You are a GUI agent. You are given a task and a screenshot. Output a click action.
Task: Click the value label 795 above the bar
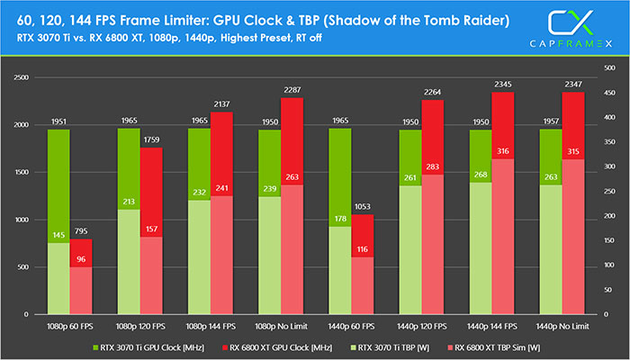pos(82,231)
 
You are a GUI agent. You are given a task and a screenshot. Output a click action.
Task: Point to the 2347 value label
pos(573,85)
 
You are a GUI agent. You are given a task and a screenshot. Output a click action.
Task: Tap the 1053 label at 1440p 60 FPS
pos(363,207)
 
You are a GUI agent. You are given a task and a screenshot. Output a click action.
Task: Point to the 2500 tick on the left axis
pos(21,77)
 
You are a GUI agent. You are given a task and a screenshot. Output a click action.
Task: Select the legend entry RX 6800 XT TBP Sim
pos(499,345)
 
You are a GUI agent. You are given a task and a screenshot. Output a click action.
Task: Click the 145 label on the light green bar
pos(58,235)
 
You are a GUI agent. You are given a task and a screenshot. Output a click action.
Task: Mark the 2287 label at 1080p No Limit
pos(292,90)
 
